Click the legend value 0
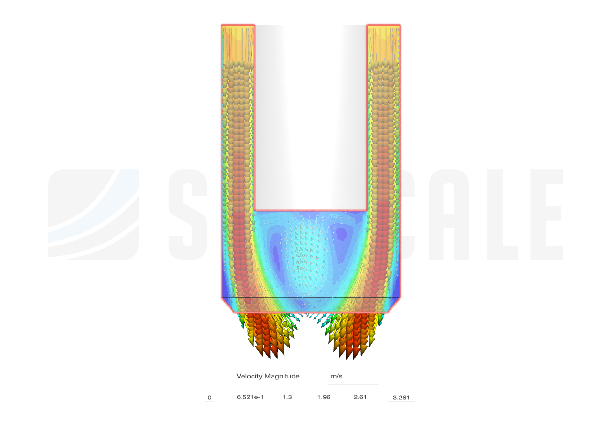pyautogui.click(x=209, y=398)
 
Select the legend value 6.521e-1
pyautogui.click(x=250, y=397)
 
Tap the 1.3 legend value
pyautogui.click(x=287, y=397)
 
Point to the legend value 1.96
pyautogui.click(x=324, y=397)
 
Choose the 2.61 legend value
pyautogui.click(x=360, y=397)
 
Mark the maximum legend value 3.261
pyautogui.click(x=401, y=398)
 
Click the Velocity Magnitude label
pyautogui.click(x=268, y=376)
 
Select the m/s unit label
pyautogui.click(x=337, y=377)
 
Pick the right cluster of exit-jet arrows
pyautogui.click(x=352, y=334)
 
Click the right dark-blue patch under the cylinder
pyautogui.click(x=342, y=234)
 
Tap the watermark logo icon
pyautogui.click(x=94, y=214)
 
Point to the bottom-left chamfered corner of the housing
pyautogui.click(x=228, y=306)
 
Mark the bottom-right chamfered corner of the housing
pyautogui.click(x=394, y=306)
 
